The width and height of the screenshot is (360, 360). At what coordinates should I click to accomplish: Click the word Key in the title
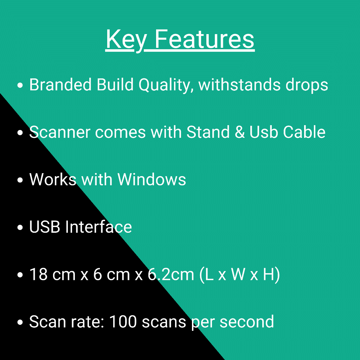point(126,40)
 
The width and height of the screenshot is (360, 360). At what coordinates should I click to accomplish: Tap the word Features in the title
point(205,39)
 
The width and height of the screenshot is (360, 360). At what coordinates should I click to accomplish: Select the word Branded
point(60,84)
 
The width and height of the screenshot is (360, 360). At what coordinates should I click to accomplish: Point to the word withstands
point(239,84)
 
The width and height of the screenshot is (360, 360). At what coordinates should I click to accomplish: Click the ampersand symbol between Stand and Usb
point(240,132)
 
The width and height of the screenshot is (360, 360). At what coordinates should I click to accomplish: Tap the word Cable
point(304,132)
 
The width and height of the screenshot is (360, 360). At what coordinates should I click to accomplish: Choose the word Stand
point(208,132)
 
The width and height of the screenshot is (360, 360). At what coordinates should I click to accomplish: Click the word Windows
point(152,179)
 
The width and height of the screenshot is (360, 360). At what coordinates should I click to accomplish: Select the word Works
point(53,179)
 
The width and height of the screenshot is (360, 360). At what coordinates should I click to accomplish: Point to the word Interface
point(98,227)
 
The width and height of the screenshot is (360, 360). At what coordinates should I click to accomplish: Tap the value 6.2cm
point(171,274)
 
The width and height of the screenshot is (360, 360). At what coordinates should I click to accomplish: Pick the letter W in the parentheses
point(238,274)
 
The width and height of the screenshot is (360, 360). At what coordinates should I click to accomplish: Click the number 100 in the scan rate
point(123,322)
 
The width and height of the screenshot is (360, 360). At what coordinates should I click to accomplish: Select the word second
point(247,321)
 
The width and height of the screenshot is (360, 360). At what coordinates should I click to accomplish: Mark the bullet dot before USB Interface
point(20,227)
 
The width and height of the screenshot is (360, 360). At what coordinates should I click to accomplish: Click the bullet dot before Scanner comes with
point(20,133)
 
